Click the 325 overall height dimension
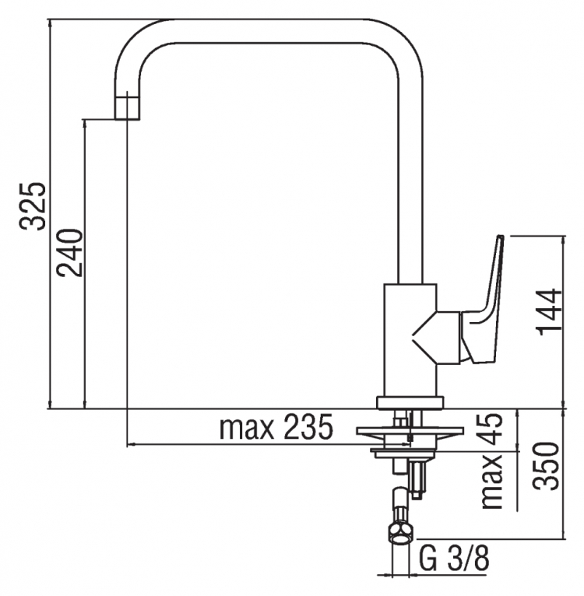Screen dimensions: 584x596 (33, 207)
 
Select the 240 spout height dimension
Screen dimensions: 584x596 (69, 253)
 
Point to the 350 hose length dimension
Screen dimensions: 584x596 (546, 466)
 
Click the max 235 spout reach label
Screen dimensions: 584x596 (276, 427)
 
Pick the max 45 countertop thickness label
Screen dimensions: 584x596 (492, 461)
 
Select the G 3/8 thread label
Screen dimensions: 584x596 (453, 559)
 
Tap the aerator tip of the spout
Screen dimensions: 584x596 (128, 108)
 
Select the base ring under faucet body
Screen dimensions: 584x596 (410, 403)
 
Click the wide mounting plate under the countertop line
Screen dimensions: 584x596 (410, 430)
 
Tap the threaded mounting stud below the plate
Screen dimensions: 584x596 (417, 478)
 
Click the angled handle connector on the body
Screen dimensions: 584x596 (436, 338)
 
